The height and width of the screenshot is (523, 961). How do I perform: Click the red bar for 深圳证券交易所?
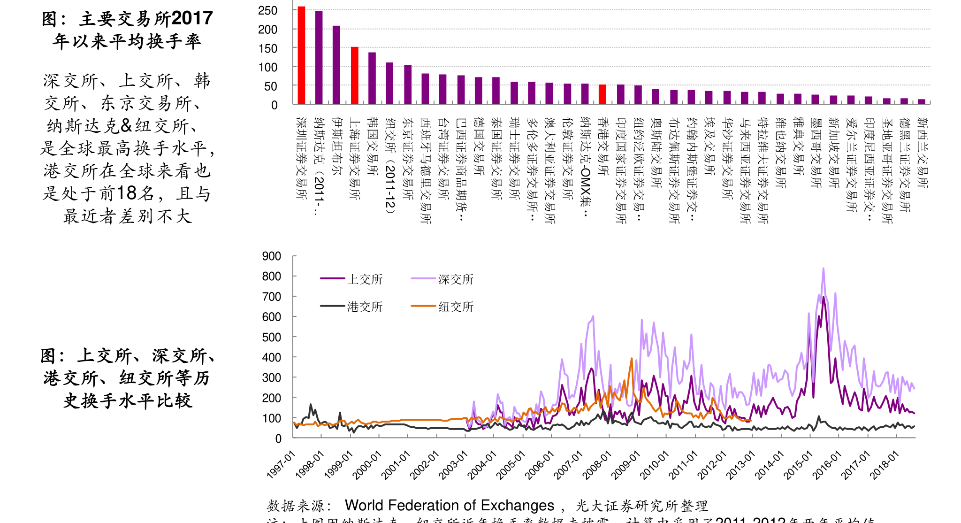tap(301, 55)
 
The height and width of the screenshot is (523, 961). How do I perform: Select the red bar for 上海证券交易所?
tap(355, 76)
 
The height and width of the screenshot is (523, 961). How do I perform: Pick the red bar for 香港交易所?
tap(603, 94)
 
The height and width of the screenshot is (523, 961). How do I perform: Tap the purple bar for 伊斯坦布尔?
tap(336, 65)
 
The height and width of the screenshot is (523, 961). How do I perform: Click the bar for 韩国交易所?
tap(372, 78)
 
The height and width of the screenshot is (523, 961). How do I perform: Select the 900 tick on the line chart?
tap(272, 256)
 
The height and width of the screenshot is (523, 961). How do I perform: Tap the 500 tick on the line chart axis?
tap(272, 337)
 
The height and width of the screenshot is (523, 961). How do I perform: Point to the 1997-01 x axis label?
tap(281, 465)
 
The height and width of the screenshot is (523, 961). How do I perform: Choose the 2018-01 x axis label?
tap(884, 465)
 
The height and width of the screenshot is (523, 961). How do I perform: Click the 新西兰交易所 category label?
tap(922, 153)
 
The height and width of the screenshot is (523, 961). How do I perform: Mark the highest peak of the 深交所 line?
tap(823, 269)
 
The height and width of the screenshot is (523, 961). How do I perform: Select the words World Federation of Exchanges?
tap(449, 505)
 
